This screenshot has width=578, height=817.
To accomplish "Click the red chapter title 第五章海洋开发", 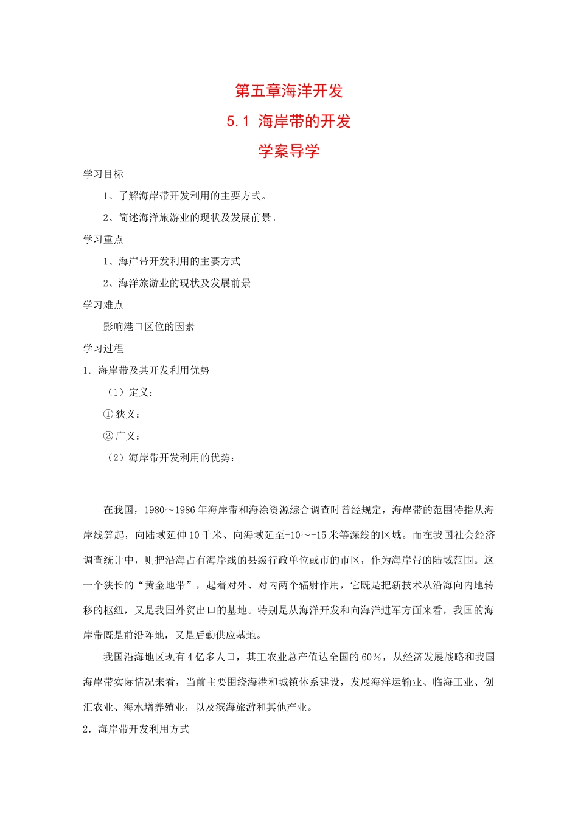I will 289,91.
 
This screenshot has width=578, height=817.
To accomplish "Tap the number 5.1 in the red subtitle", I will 238,122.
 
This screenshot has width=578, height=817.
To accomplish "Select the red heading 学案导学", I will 289,151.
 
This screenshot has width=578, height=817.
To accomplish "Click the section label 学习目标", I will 103,174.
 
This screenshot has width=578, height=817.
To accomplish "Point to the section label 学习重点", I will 103,240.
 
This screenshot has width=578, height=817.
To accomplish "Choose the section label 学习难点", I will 103,305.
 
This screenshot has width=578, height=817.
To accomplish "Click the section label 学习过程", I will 103,349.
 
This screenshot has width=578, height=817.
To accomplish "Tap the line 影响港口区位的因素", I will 149,327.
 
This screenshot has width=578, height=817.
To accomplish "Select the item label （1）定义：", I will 130,393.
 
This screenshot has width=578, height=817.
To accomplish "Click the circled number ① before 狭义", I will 108,415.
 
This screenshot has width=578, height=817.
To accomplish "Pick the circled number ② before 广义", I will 108,436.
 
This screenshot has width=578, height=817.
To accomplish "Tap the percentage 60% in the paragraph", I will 372,657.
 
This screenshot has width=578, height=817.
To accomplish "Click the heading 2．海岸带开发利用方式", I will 136,729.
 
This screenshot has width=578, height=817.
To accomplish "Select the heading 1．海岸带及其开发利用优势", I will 147,371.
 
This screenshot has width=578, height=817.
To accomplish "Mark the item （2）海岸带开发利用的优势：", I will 171,458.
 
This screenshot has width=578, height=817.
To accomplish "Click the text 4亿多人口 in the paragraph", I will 215,657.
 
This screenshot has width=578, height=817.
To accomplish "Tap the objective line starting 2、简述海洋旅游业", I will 190,218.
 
